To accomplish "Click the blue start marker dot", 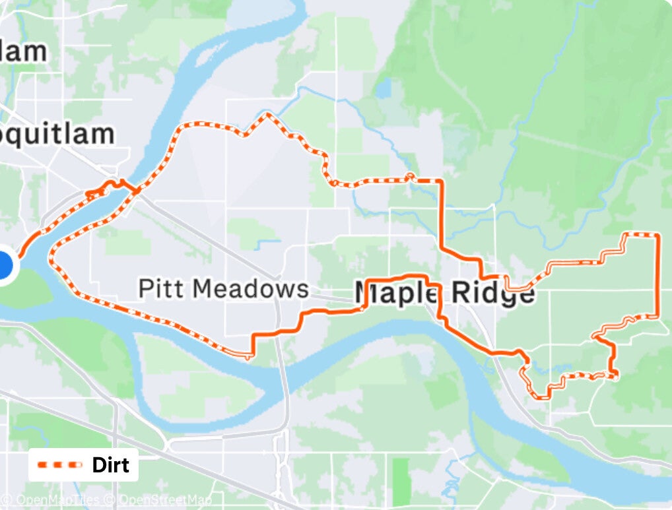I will [x=3, y=265].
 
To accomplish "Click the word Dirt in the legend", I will [x=110, y=465].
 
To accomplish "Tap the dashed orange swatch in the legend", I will [x=60, y=465].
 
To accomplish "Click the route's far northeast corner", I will [x=657, y=234].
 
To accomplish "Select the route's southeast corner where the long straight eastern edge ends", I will [x=657, y=316].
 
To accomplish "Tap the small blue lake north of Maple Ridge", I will [x=383, y=88].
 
